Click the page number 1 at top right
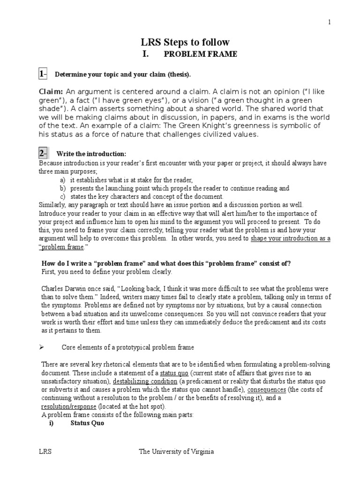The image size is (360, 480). coord(330,22)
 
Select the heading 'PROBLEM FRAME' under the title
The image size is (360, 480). coord(200,54)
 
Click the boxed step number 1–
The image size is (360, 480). coord(43,74)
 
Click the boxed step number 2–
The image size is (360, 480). coord(43,153)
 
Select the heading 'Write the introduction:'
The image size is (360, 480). coord(91,154)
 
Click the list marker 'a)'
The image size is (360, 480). coord(63,180)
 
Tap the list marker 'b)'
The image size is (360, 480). coord(63,188)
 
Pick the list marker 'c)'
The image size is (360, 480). coord(63,197)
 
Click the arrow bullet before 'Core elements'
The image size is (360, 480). coord(41,347)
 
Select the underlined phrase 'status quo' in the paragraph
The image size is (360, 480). coord(174,373)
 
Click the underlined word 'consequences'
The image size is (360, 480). coord(266,390)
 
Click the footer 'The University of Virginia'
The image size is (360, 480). coord(176,452)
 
